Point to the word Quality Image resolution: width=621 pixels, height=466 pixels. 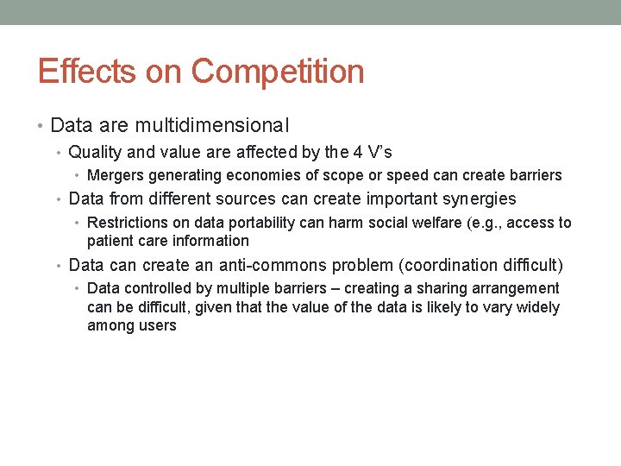coord(97,153)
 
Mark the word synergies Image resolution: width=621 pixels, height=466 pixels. coord(474,199)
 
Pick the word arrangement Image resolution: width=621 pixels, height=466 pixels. coord(517,288)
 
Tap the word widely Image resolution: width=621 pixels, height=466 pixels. coord(538,307)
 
